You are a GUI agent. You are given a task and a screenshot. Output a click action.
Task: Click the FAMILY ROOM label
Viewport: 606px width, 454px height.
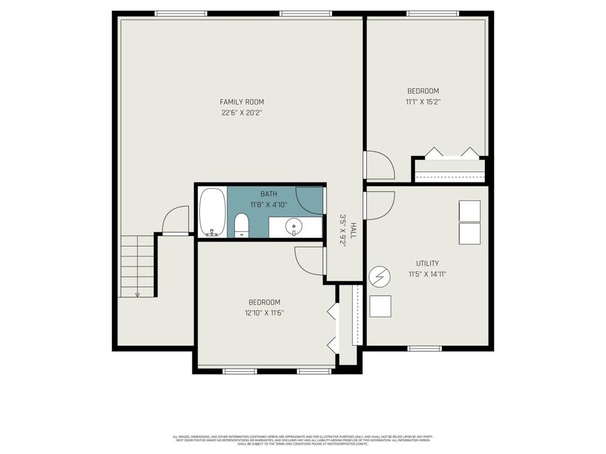point(240,102)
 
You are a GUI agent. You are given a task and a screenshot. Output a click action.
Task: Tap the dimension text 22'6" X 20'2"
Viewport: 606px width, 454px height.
point(240,112)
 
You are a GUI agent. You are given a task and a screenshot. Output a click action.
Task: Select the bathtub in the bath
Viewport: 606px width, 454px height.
point(213,212)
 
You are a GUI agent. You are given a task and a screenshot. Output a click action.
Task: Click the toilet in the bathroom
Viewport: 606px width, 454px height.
point(242,225)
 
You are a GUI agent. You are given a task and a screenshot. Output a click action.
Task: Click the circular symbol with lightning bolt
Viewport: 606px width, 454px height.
point(379,275)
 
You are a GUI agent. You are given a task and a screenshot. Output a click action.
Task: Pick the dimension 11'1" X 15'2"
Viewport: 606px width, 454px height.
point(423,102)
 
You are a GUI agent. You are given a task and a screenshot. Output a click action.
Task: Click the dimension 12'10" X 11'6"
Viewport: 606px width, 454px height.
point(264,312)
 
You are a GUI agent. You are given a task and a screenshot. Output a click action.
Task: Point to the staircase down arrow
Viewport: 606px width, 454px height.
point(137,293)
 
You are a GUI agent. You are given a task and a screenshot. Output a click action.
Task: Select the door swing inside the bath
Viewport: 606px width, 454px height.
point(310,201)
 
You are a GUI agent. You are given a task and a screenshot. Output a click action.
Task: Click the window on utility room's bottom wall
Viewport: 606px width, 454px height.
point(424,348)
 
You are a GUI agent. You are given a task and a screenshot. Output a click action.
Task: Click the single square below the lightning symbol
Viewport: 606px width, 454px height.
point(380,307)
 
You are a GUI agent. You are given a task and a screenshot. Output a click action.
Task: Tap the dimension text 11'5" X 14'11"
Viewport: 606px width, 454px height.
point(428,274)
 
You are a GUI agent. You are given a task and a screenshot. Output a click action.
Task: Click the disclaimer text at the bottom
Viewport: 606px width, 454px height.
point(303,440)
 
